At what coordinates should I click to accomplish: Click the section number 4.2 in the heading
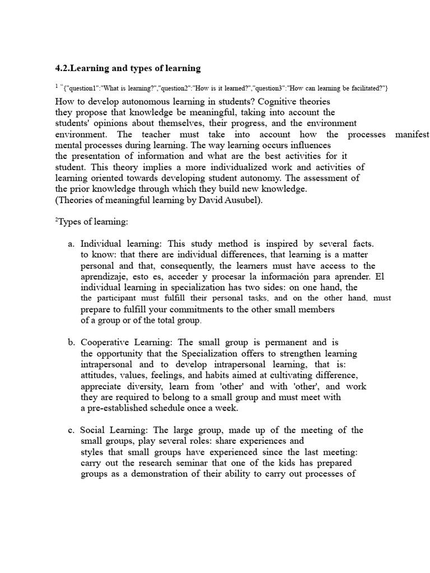tap(61, 68)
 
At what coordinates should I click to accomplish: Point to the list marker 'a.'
tap(71, 244)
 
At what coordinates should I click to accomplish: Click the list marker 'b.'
tap(71, 342)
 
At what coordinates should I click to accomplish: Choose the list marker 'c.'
tap(71, 430)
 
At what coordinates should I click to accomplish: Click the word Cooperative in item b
tap(105, 342)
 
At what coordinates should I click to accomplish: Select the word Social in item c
tap(93, 430)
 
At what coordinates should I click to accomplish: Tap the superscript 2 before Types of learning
tap(57, 220)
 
